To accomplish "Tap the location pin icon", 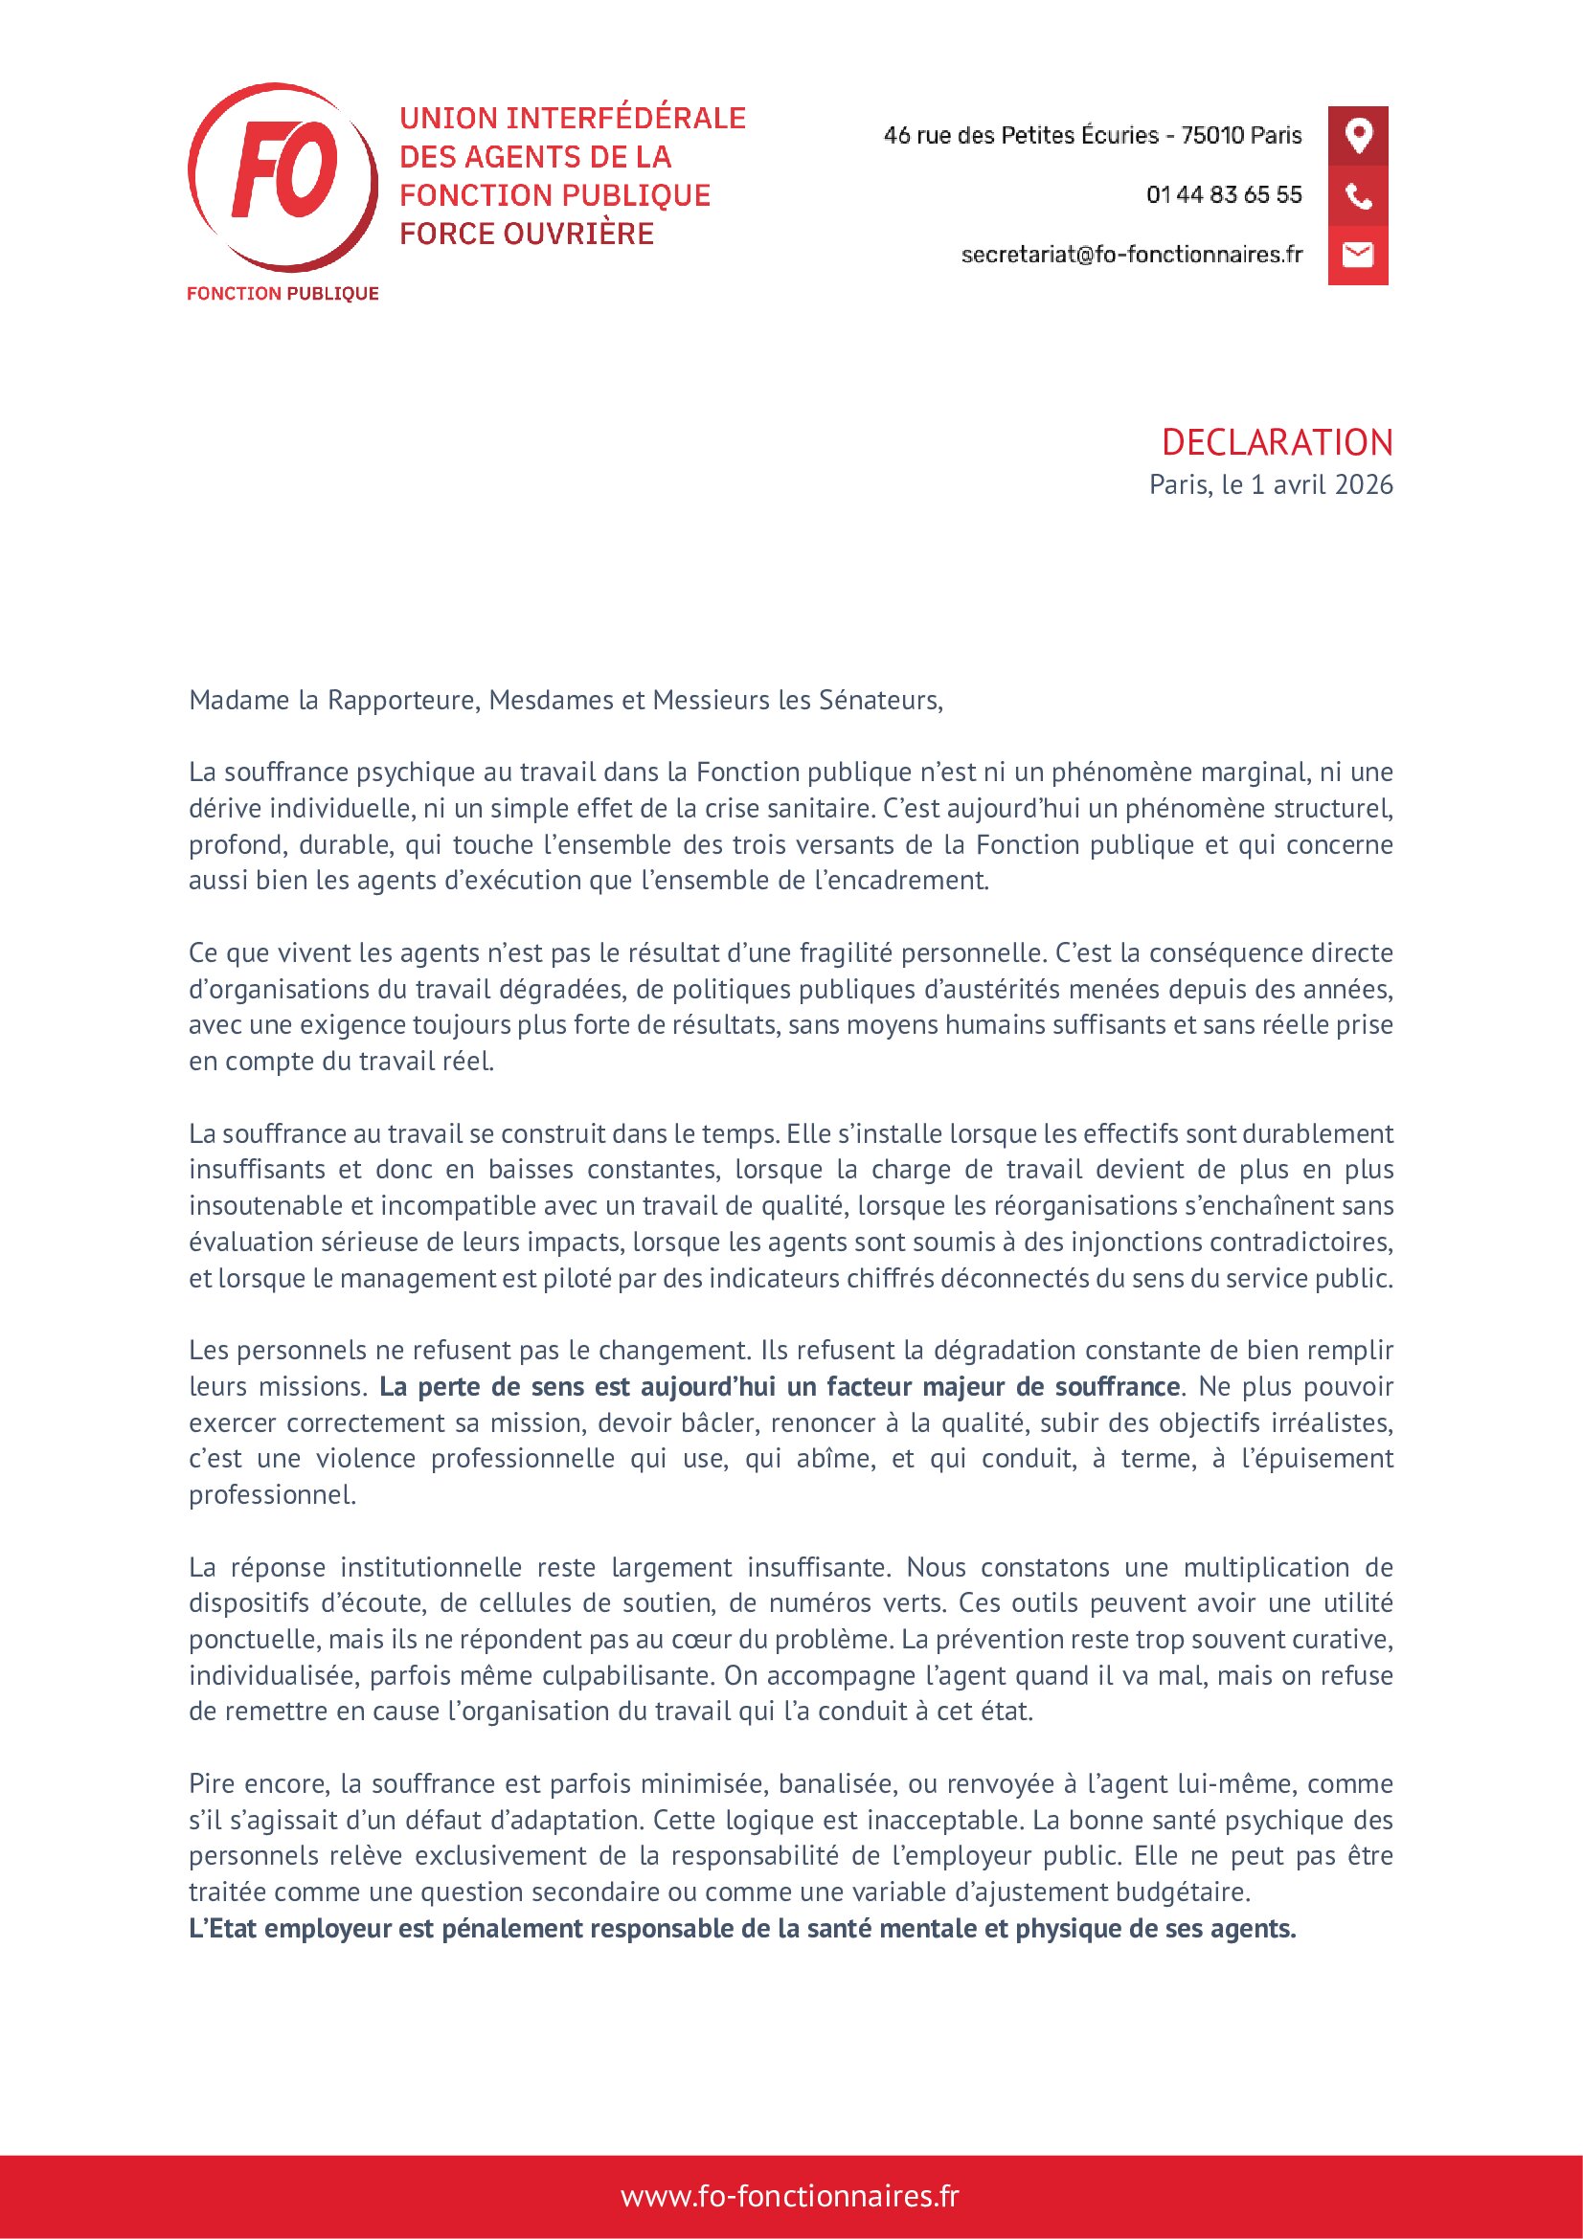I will (x=1358, y=135).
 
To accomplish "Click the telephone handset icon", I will (x=1358, y=196).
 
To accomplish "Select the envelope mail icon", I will (x=1358, y=255).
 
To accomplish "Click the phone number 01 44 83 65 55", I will (x=1223, y=195).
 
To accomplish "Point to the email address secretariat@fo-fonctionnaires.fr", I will (x=1130, y=255).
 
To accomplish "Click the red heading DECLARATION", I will (x=1276, y=443).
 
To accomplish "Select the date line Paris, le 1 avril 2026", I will (x=1270, y=484).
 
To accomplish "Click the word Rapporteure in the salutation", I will (x=403, y=700).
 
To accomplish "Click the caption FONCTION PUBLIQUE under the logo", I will (x=283, y=294).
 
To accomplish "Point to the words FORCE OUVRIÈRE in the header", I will (x=527, y=234).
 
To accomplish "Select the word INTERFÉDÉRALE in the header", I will (x=626, y=119).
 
